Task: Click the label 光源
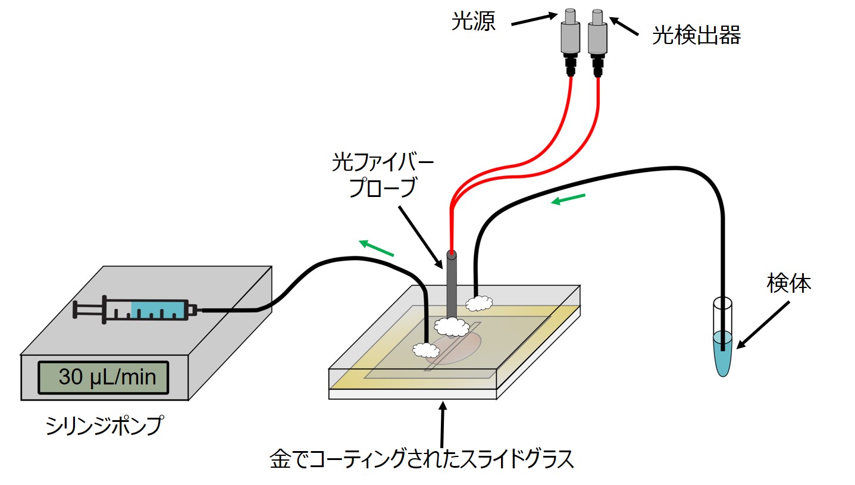click(473, 24)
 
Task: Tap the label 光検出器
click(696, 37)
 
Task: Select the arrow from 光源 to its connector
click(534, 19)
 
